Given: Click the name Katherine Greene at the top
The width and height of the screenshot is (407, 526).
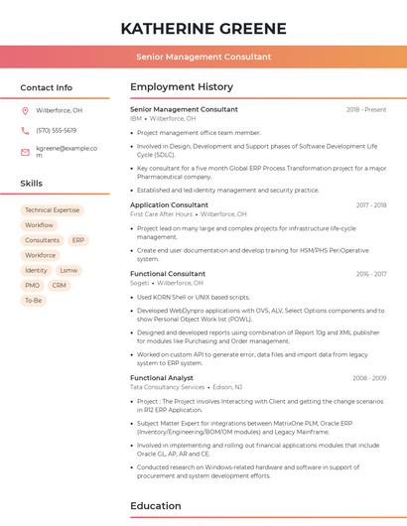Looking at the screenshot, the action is pyautogui.click(x=203, y=28).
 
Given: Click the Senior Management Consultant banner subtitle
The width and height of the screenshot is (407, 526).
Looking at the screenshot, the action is pyautogui.click(x=203, y=57).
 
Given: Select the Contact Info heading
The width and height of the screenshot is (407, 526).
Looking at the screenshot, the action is pyautogui.click(x=46, y=87).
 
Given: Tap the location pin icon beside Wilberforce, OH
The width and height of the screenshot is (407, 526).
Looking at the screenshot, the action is pyautogui.click(x=25, y=110).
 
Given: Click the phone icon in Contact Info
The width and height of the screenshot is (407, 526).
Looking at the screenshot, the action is pyautogui.click(x=25, y=130).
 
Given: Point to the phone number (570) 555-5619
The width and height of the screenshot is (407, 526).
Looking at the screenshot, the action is pyautogui.click(x=56, y=130).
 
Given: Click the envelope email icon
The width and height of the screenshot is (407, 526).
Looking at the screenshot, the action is pyautogui.click(x=25, y=152).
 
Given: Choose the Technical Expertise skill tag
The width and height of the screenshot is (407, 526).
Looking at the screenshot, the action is pyautogui.click(x=52, y=210).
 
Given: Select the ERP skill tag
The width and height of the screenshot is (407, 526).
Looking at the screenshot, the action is pyautogui.click(x=78, y=240).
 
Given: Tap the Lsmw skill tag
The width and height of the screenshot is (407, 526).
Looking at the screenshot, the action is pyautogui.click(x=68, y=270).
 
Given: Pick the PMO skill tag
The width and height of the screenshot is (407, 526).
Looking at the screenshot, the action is pyautogui.click(x=32, y=285).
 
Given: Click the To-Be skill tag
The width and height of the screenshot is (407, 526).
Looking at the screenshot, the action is pyautogui.click(x=34, y=300).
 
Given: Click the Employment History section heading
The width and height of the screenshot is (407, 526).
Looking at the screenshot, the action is pyautogui.click(x=181, y=87).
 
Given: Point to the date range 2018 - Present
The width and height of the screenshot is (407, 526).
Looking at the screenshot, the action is pyautogui.click(x=365, y=109).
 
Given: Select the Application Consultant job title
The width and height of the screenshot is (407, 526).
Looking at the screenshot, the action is pyautogui.click(x=169, y=204).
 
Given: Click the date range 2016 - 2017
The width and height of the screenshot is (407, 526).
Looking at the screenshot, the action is pyautogui.click(x=370, y=273).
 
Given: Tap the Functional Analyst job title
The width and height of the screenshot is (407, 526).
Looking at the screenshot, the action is pyautogui.click(x=162, y=377).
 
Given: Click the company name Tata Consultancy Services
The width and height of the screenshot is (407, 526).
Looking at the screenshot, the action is pyautogui.click(x=167, y=387).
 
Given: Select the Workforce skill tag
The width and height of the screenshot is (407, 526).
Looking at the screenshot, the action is pyautogui.click(x=41, y=255).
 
